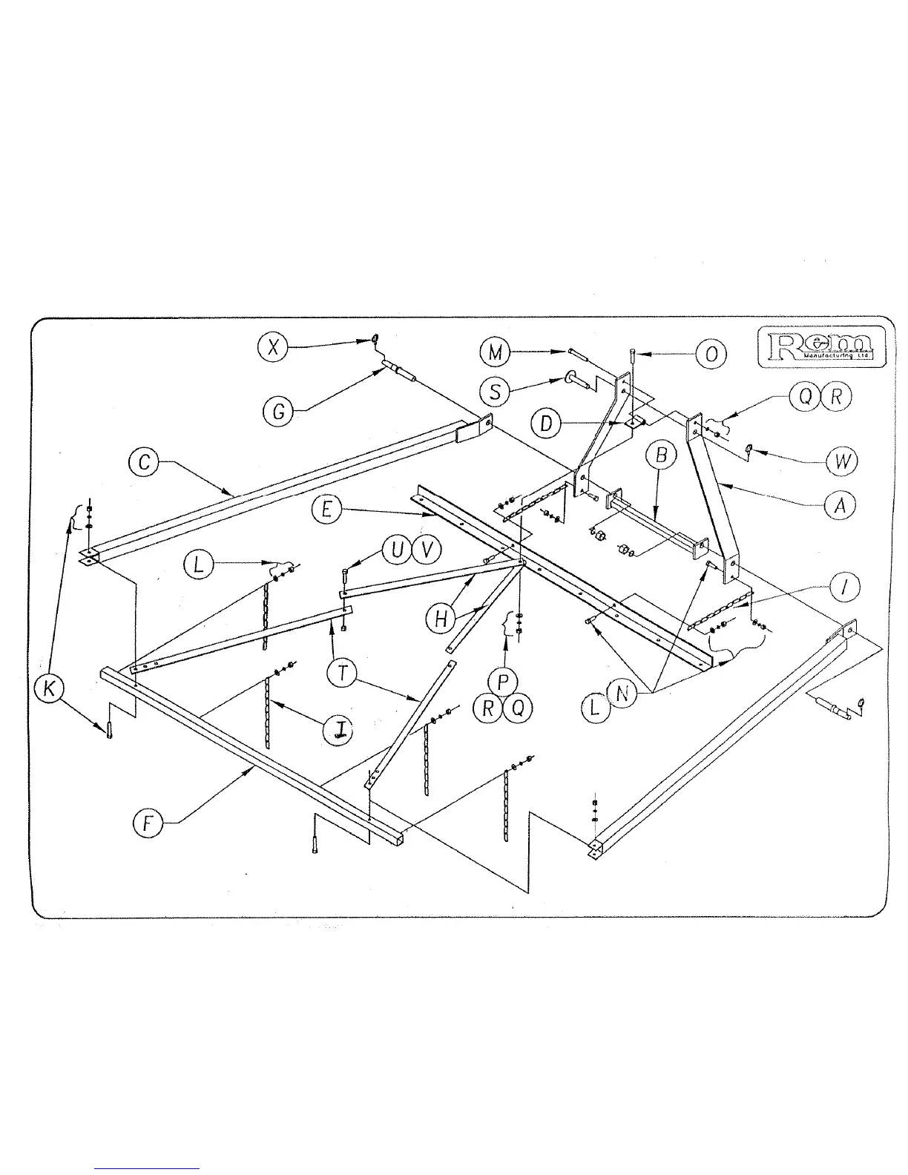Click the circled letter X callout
pos(274,348)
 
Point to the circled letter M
pos(495,353)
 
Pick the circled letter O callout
pos(711,355)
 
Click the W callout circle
pos(840,462)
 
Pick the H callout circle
pos(441,619)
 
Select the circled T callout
pos(341,672)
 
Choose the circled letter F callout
pos(148,825)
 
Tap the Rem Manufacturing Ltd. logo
pos(820,346)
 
